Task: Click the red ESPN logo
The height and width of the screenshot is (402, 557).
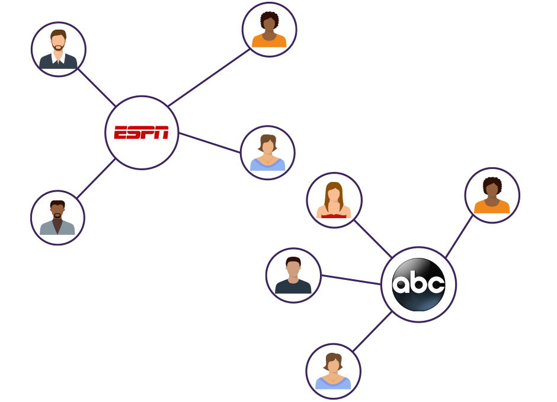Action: pyautogui.click(x=142, y=133)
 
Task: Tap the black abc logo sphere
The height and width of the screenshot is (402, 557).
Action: pyautogui.click(x=418, y=285)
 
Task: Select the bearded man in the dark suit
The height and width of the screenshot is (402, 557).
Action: pyautogui.click(x=59, y=50)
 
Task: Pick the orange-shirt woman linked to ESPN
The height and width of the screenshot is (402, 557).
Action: pyautogui.click(x=270, y=30)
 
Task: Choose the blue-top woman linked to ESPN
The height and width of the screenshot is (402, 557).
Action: pyautogui.click(x=268, y=153)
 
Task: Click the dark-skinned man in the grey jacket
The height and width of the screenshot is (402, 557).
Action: pyautogui.click(x=57, y=218)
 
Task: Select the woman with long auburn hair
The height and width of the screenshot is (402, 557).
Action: pyautogui.click(x=334, y=200)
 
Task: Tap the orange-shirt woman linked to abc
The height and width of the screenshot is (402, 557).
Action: pyautogui.click(x=492, y=196)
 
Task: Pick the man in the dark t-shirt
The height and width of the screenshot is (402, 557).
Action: pyautogui.click(x=293, y=276)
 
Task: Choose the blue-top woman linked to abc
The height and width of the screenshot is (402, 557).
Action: pyautogui.click(x=333, y=371)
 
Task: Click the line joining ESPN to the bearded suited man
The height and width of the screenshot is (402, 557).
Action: pyautogui.click(x=97, y=87)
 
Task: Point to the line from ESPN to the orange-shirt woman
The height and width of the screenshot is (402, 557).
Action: pyautogui.click(x=209, y=78)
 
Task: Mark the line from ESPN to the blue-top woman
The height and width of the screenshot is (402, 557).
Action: pyautogui.click(x=209, y=143)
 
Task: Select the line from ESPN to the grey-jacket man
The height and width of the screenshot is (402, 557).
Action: pyautogui.click(x=96, y=178)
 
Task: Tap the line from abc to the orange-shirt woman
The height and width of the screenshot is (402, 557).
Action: pyautogui.click(x=459, y=237)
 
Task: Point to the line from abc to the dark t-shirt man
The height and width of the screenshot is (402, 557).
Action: pyautogui.click(x=351, y=280)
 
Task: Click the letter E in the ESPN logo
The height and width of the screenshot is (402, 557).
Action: pyautogui.click(x=121, y=133)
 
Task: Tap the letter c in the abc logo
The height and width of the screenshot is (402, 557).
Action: pyautogui.click(x=436, y=285)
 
